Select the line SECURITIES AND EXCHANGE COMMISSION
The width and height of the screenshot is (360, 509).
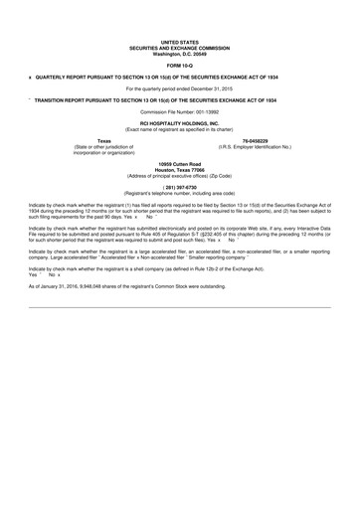point(179,48)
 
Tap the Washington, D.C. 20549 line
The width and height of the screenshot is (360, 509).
point(179,54)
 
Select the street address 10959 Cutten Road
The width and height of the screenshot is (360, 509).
point(180,160)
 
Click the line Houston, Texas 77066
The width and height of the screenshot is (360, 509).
point(180,166)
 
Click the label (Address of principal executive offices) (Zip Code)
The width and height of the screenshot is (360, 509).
point(180,172)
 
